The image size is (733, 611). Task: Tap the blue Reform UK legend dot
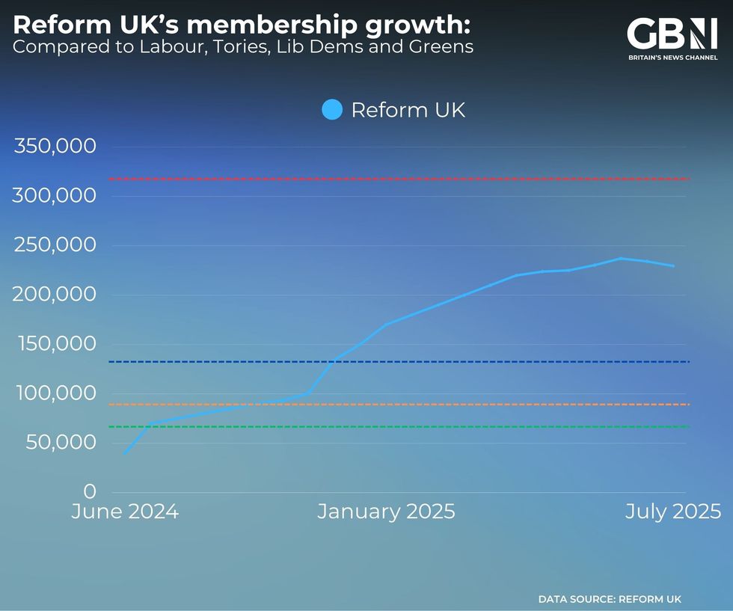332,110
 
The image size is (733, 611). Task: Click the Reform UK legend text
408,110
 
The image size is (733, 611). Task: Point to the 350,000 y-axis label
55,146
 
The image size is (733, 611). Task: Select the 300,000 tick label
55,195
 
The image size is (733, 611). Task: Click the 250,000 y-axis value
55,245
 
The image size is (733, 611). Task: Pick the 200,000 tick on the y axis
55,294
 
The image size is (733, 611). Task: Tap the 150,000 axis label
55,343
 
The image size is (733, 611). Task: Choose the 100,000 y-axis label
55,393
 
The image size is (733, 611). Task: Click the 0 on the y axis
90,491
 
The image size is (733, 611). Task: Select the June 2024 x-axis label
125,512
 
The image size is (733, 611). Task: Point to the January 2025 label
386,512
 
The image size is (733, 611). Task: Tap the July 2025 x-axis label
673,512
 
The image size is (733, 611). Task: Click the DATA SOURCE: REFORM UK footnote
610,599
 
